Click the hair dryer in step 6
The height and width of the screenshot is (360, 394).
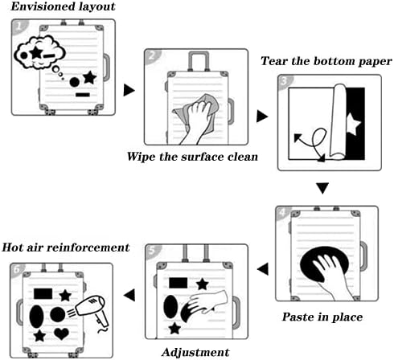[x=92, y=311]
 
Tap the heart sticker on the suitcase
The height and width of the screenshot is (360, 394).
[x=61, y=333]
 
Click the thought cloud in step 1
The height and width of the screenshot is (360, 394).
[x=39, y=53]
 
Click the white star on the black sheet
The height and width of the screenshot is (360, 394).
[x=353, y=124]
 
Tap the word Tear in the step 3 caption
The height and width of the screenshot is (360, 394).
[x=274, y=61]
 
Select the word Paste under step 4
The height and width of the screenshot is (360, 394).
[x=298, y=317]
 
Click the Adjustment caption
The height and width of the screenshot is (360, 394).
[x=195, y=352]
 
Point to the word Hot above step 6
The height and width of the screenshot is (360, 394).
[x=13, y=247]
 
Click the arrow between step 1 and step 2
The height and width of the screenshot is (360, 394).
[x=129, y=90]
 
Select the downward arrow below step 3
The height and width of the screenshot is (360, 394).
[x=322, y=188]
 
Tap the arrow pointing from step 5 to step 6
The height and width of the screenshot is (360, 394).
[x=129, y=295]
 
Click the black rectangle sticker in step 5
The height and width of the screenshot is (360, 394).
[x=179, y=283]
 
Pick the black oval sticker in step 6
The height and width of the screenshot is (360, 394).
[x=36, y=317]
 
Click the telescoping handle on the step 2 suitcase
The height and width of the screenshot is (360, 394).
[x=199, y=61]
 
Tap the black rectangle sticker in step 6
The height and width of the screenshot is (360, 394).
[x=43, y=293]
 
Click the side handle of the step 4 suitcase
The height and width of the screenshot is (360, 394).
[x=363, y=256]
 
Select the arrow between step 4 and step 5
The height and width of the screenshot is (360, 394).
[x=263, y=268]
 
